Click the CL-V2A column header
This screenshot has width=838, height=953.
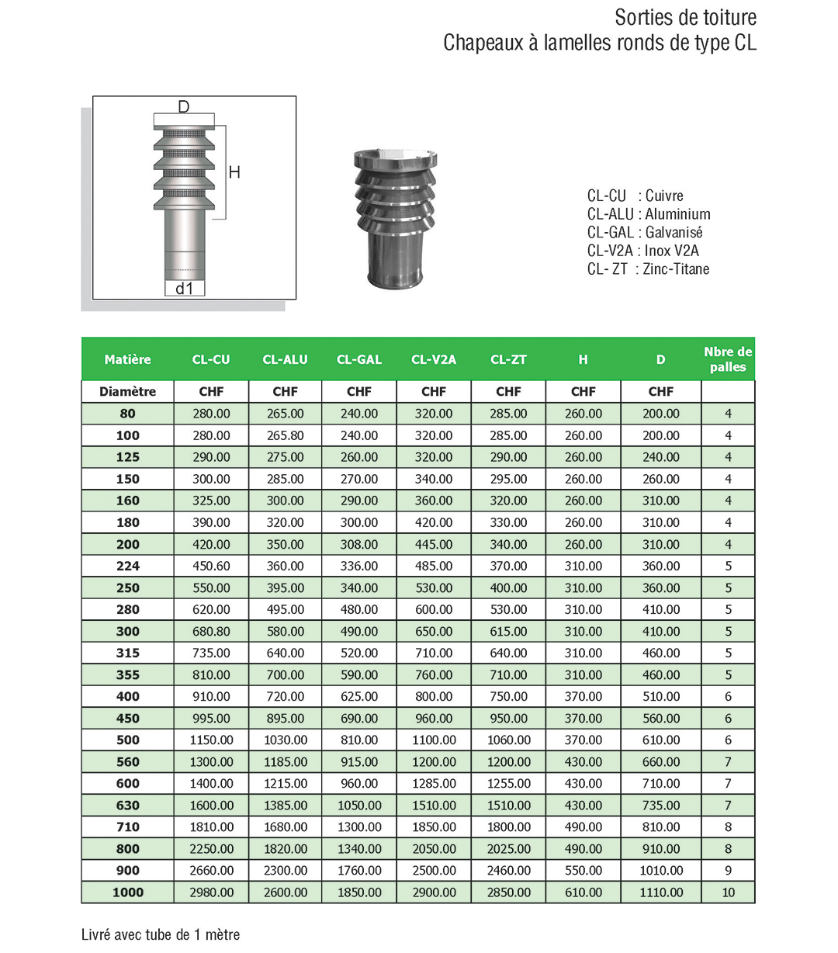point(434,359)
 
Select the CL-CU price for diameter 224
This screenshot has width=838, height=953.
point(211,566)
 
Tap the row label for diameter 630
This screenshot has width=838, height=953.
point(127,806)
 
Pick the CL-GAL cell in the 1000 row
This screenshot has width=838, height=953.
point(359,892)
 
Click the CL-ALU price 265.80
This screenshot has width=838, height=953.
point(286,435)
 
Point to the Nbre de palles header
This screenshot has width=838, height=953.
point(728,359)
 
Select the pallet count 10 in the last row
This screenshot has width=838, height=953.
point(728,892)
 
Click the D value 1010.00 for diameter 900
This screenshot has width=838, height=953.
point(661,871)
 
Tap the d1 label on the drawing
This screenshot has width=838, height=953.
point(184,288)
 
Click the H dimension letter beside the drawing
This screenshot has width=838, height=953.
point(234,172)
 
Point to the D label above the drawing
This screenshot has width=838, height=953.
point(184,106)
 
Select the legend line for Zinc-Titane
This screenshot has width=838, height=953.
point(648,269)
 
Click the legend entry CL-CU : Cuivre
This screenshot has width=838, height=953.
point(635,196)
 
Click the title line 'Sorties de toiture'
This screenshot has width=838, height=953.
point(685,17)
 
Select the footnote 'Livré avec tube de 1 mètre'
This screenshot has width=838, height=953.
point(161,934)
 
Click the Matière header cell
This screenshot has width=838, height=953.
point(127,359)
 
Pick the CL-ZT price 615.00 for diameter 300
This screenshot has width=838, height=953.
point(508,632)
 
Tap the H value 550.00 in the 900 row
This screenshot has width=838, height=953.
point(583,871)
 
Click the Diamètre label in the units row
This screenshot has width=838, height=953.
point(127,392)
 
